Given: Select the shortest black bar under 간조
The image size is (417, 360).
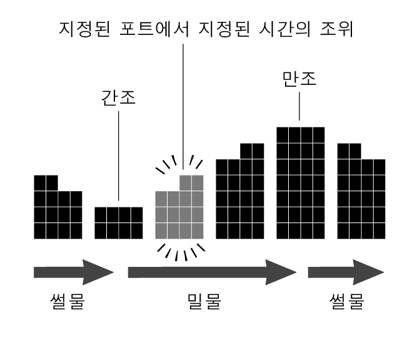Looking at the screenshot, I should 119,222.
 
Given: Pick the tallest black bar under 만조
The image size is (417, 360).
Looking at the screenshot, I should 300,182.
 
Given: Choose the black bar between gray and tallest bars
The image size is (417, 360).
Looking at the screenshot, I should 239,197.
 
